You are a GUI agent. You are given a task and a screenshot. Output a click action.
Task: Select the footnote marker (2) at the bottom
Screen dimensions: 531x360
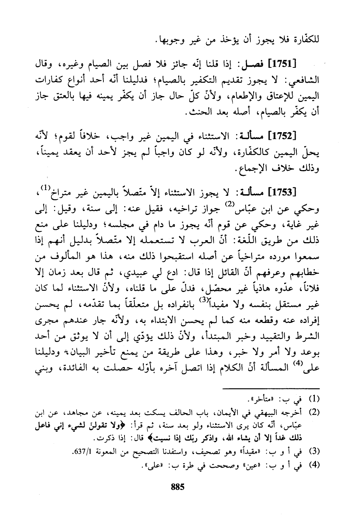(x=314, y=412)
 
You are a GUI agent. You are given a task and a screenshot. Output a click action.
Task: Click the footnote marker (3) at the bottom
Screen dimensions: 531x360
(x=314, y=451)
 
